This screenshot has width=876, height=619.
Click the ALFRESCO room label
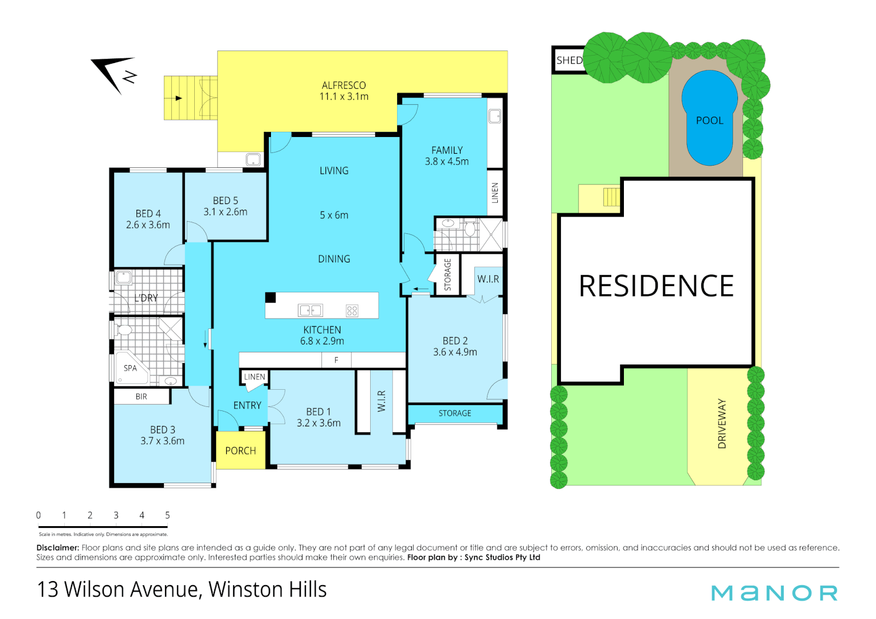[x=344, y=85]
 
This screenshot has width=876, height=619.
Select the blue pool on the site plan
[x=709, y=117]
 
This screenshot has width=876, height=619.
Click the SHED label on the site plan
[x=569, y=60]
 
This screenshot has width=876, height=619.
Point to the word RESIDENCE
[x=656, y=286]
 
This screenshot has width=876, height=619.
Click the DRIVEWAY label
[x=722, y=424]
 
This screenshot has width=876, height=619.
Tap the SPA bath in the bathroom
[x=131, y=368]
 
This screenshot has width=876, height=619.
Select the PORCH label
[x=241, y=451]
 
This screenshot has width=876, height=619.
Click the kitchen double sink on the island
[x=310, y=311]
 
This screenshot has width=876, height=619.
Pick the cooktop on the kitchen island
[x=352, y=311]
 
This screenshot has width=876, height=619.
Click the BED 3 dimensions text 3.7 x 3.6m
[x=163, y=441]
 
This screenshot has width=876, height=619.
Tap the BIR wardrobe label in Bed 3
[x=142, y=397]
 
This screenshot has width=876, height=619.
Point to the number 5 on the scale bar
[x=167, y=515]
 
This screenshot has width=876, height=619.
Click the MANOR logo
[x=774, y=593]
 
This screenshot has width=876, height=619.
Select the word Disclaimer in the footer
[x=57, y=548]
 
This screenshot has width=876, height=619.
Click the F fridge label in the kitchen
[x=336, y=360]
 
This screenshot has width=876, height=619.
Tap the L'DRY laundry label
[x=146, y=298]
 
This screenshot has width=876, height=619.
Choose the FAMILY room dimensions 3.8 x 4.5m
[x=447, y=162]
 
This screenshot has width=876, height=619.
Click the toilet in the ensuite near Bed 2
[x=470, y=229]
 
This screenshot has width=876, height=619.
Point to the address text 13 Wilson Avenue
[x=118, y=590]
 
